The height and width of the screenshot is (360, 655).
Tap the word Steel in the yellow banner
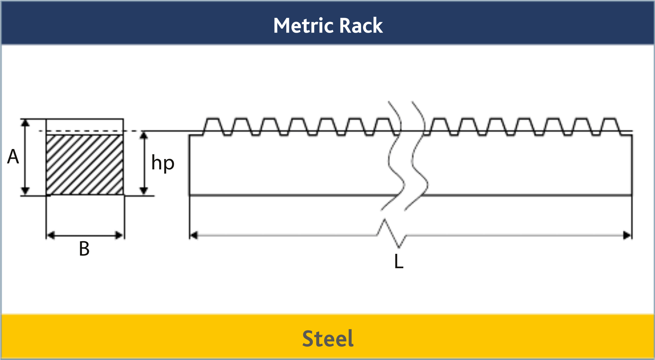tap(327, 338)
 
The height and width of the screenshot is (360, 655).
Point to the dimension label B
tap(84, 249)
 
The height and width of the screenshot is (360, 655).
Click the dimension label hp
tap(163, 163)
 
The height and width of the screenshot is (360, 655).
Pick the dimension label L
tap(398, 262)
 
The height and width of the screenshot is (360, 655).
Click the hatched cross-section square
tap(85, 164)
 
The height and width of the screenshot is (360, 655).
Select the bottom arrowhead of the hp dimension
tap(144, 191)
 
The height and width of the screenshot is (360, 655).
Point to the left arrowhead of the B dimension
tap(51, 236)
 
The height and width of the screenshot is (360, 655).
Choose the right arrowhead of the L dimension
tap(627, 236)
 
